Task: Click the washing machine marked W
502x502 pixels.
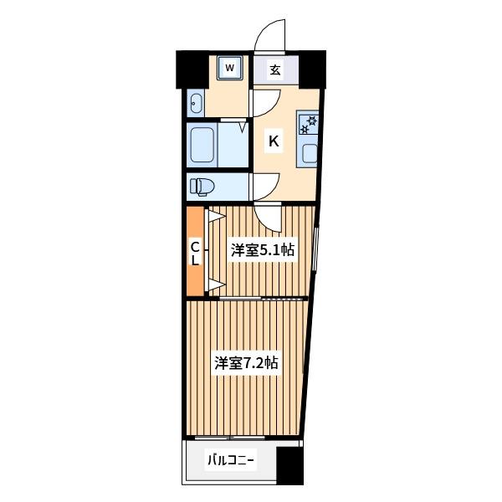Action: click(x=229, y=68)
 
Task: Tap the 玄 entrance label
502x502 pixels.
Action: click(x=275, y=69)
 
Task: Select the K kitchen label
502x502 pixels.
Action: click(x=274, y=141)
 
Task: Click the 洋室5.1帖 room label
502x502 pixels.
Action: click(x=263, y=250)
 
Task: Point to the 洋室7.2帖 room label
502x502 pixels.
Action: click(x=246, y=363)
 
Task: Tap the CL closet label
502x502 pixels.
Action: click(x=195, y=254)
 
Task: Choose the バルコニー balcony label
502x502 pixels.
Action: click(x=231, y=460)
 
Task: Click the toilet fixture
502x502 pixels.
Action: click(x=202, y=187)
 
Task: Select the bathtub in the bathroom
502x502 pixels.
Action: click(x=202, y=145)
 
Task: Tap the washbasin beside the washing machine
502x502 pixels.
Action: click(x=196, y=102)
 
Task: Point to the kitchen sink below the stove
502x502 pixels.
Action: click(x=310, y=154)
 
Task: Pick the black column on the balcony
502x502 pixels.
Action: click(x=290, y=465)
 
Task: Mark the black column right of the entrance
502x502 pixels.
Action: click(x=312, y=69)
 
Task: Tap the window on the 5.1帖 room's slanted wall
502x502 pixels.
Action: click(x=315, y=248)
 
